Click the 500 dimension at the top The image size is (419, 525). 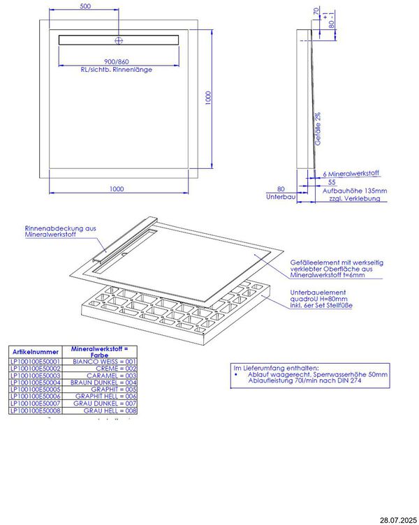pyautogui.click(x=84, y=6)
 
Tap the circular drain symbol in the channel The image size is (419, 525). pyautogui.click(x=119, y=39)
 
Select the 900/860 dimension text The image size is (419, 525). pyautogui.click(x=116, y=61)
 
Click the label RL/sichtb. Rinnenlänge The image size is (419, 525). pyautogui.click(x=117, y=70)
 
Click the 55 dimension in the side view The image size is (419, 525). pyautogui.click(x=332, y=182)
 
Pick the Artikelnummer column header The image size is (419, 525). pyautogui.click(x=35, y=353)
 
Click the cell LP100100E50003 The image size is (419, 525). pyautogui.click(x=35, y=376)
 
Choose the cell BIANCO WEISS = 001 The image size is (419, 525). pyautogui.click(x=105, y=362)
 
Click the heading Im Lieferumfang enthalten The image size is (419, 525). pyautogui.click(x=276, y=367)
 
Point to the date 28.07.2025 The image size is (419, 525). pyautogui.click(x=398, y=520)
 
